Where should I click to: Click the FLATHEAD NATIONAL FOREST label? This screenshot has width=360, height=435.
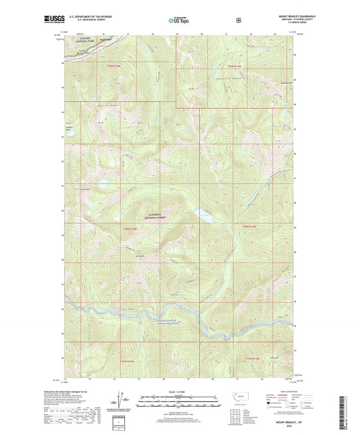156,218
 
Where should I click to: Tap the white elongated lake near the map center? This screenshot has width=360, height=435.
202,214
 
